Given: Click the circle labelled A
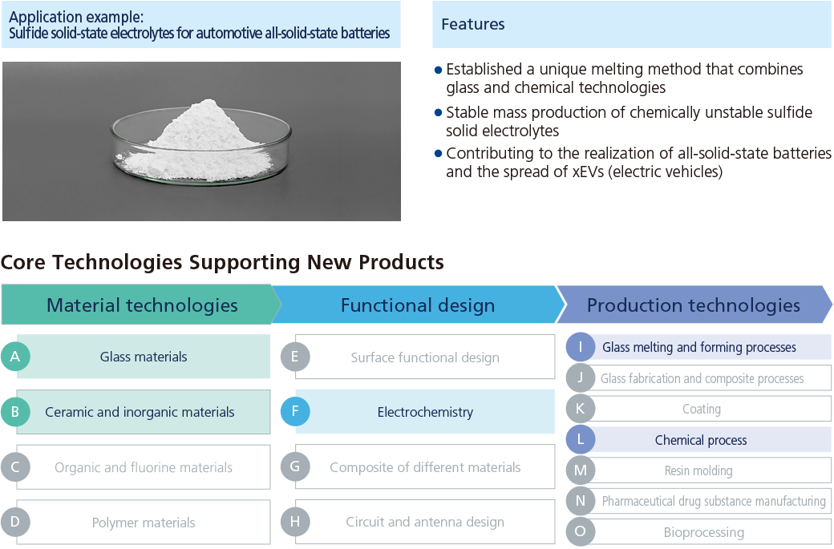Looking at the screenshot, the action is (x=15, y=356).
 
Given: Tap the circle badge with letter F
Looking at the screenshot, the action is (x=295, y=411).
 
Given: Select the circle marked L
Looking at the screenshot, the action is (x=581, y=439).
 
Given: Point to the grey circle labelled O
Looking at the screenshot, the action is (x=581, y=531).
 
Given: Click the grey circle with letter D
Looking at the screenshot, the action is (x=15, y=522).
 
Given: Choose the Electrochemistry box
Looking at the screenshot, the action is (x=425, y=411).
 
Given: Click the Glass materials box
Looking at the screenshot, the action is (x=144, y=356).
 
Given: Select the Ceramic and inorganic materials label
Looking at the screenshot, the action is (x=140, y=412).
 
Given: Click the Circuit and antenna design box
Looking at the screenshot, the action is (x=425, y=522).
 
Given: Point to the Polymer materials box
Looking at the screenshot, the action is (x=144, y=522).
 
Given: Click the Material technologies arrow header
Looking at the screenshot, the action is (x=141, y=305).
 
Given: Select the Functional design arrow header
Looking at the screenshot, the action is (x=418, y=305).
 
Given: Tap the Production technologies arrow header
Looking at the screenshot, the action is (x=694, y=305).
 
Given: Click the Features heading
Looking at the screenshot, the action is (x=473, y=24).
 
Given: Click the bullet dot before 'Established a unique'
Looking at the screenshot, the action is (x=439, y=70).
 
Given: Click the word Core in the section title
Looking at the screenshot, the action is (x=23, y=262).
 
